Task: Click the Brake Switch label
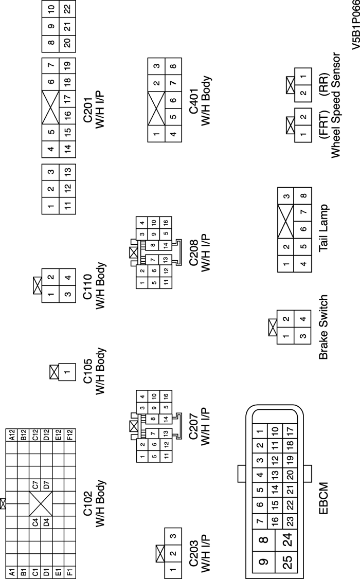(325, 327)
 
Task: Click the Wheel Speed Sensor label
(336, 105)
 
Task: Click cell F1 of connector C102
(69, 571)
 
